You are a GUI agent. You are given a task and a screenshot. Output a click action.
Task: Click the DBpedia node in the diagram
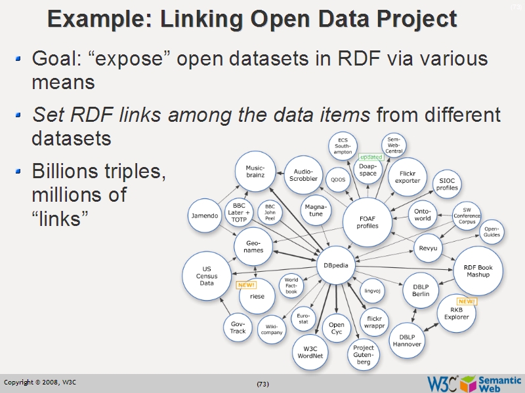(337, 265)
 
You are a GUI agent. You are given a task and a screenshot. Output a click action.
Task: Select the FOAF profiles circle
(367, 221)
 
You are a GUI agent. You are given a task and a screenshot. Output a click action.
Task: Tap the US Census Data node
(207, 276)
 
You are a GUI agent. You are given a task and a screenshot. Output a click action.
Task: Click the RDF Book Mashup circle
(478, 271)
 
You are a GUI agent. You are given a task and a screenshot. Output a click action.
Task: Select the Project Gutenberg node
(363, 356)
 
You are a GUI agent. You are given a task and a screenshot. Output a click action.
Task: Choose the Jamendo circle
(204, 215)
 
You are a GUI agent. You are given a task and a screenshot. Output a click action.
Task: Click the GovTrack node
(238, 327)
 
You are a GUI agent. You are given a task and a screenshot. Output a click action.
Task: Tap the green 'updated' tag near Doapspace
(371, 157)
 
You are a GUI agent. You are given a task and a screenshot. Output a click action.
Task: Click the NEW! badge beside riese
(246, 285)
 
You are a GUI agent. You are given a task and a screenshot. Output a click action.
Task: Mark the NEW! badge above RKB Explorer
(467, 301)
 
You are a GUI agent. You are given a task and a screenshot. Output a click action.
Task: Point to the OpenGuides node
(492, 232)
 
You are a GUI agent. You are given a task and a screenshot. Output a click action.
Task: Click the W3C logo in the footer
(443, 383)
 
